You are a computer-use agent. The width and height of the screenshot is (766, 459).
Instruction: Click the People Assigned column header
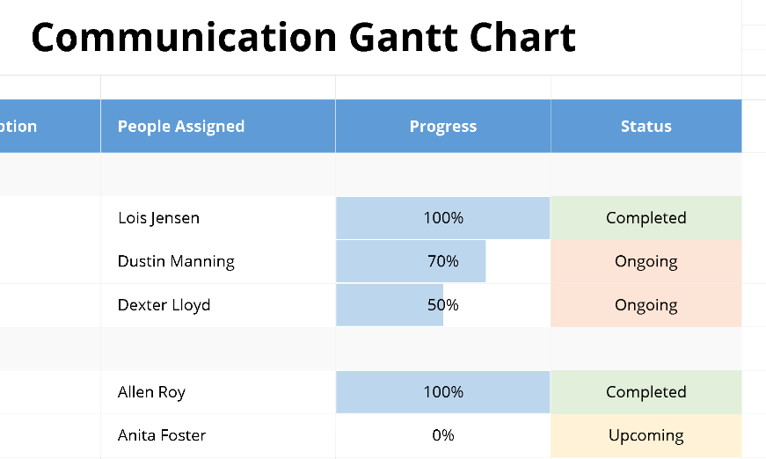coord(180,127)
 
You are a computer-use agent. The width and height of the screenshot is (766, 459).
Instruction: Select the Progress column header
coord(443,127)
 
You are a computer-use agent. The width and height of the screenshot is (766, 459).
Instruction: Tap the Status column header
coord(646,127)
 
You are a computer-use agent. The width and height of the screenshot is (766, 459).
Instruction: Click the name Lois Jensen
coord(158,218)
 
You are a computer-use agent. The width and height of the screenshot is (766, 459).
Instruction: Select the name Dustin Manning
coord(176,261)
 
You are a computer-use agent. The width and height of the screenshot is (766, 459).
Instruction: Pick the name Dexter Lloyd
coord(164,305)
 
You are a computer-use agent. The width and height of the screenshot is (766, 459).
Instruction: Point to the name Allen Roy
coord(151,392)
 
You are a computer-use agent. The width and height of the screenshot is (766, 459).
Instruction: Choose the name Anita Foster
coord(162,435)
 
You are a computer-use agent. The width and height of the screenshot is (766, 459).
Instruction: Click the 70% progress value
coord(443,261)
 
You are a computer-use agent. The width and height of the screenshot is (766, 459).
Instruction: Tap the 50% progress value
coord(443,305)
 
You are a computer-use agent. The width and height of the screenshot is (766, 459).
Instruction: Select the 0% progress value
coord(443,435)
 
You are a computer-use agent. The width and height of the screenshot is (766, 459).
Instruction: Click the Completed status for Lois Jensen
coord(646,218)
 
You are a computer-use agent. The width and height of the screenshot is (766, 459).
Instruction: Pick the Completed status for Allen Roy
coord(646,392)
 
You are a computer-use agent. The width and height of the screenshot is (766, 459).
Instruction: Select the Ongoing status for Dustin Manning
coord(646,261)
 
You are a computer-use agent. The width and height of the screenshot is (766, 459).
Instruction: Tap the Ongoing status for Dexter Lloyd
coord(646,305)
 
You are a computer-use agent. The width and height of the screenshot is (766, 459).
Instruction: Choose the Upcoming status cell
coord(646,435)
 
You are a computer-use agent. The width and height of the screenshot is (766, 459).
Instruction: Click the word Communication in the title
coord(183,38)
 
